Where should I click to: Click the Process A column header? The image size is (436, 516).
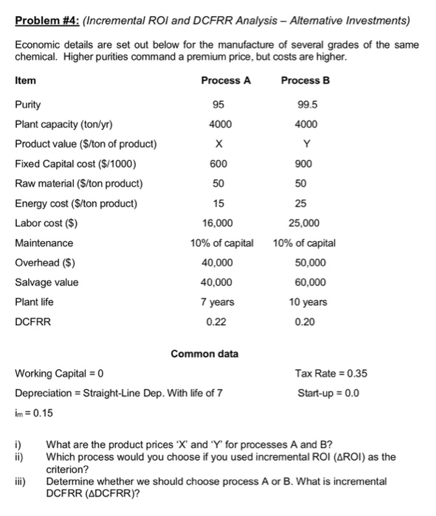pyautogui.click(x=226, y=80)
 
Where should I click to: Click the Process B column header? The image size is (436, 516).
pyautogui.click(x=305, y=80)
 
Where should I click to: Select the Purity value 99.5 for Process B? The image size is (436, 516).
pyautogui.click(x=305, y=104)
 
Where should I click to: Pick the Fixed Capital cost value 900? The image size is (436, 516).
pyautogui.click(x=304, y=164)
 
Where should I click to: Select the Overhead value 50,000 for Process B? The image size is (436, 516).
pyautogui.click(x=304, y=262)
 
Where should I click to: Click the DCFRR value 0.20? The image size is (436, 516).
pyautogui.click(x=304, y=322)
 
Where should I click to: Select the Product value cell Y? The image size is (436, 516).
pyautogui.click(x=304, y=144)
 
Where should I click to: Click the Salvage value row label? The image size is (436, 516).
pyautogui.click(x=46, y=282)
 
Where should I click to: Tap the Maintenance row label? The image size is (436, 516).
pyautogui.click(x=44, y=243)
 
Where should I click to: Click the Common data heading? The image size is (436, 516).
pyautogui.click(x=204, y=354)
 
